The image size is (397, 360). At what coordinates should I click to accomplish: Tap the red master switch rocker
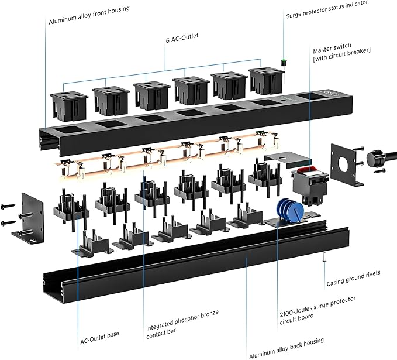tap(305, 171)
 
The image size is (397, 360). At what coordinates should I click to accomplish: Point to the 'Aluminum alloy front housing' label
tap(89, 9)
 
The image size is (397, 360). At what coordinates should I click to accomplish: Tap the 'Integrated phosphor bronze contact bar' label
tap(182, 317)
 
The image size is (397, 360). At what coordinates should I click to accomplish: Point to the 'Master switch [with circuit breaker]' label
tap(341, 55)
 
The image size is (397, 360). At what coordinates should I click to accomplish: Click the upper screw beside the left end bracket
tap(9, 207)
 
